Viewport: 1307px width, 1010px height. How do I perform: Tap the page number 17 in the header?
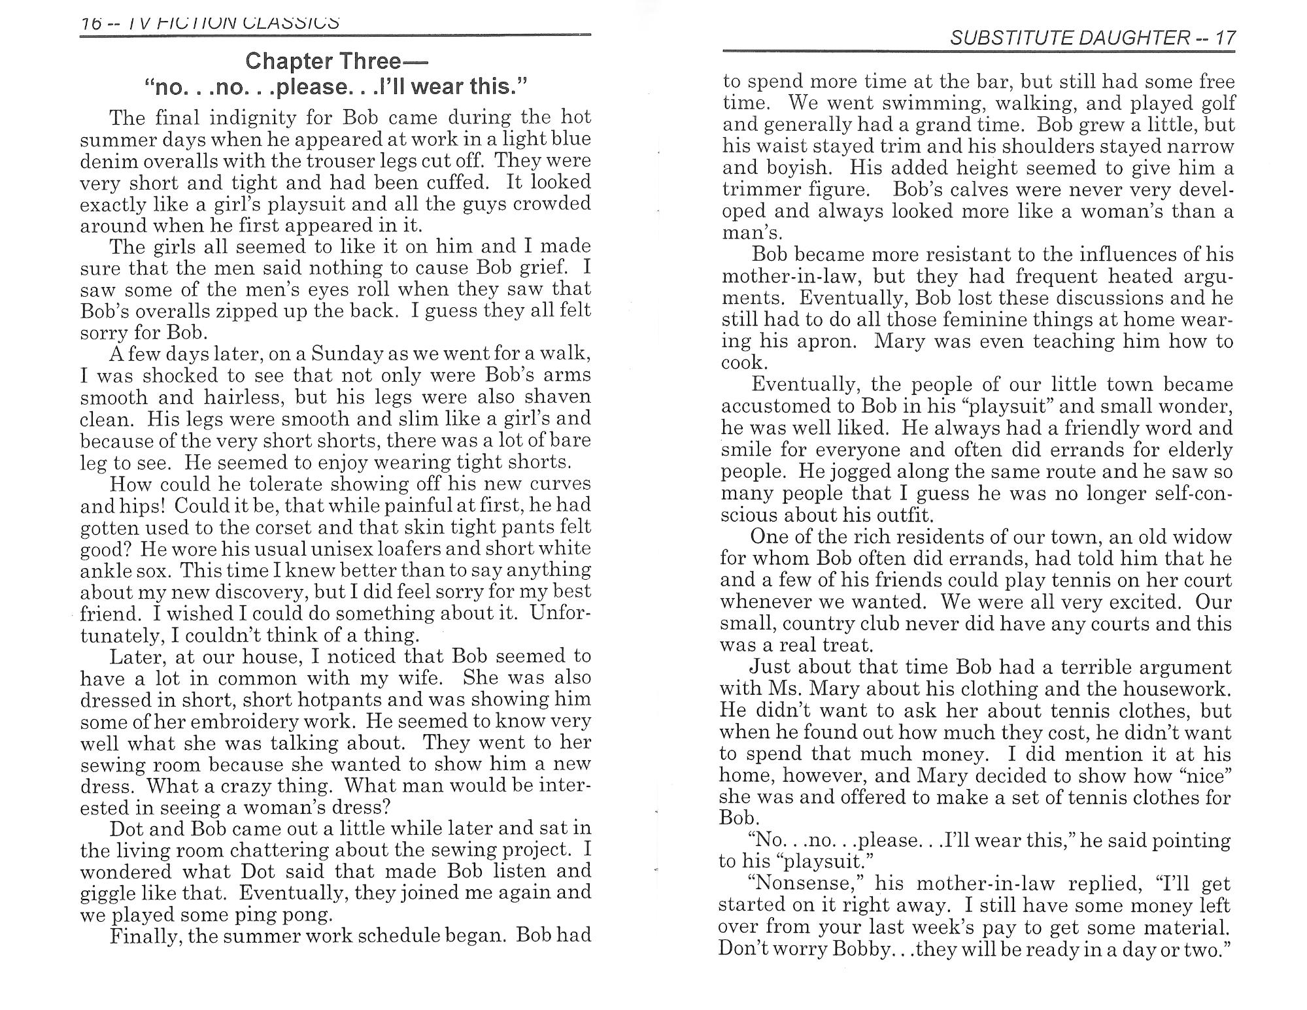coord(1225,38)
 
